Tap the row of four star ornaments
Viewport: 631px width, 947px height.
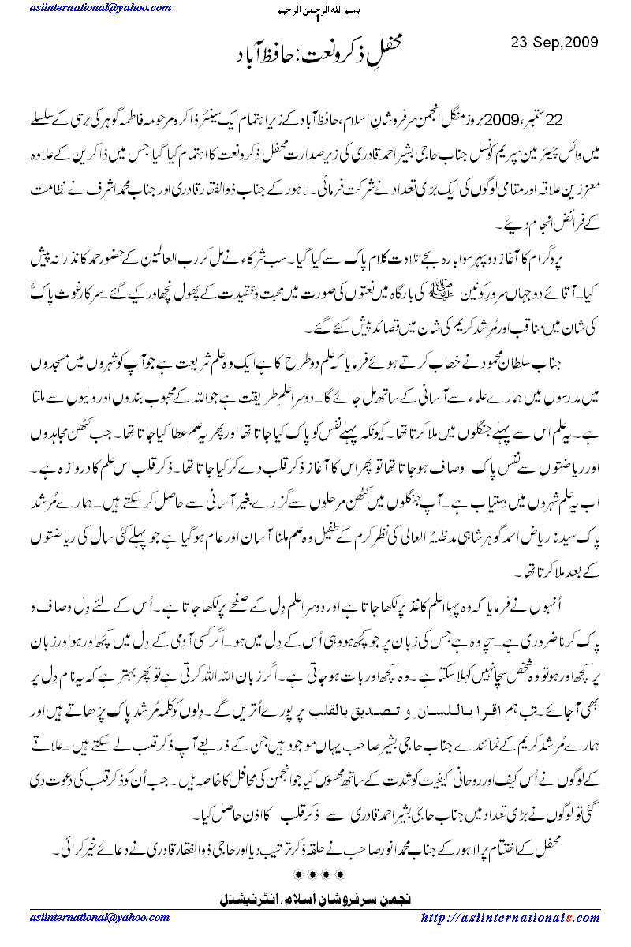point(315,874)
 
